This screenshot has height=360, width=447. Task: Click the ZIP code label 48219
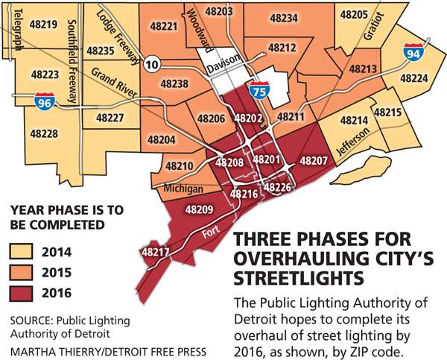click(x=45, y=25)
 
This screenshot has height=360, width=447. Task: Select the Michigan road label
click(x=177, y=189)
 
